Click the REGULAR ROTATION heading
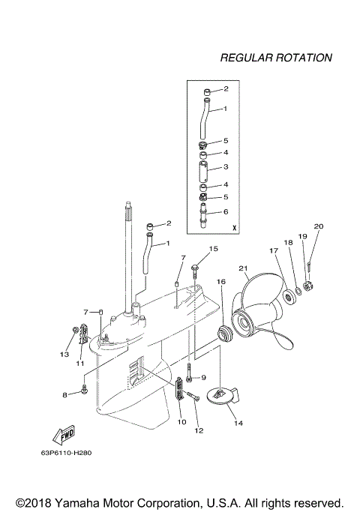275,57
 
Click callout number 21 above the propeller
242,268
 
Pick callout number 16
221,281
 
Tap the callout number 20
318,226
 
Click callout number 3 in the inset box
224,166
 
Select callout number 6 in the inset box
224,211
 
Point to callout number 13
64,353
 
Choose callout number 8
65,394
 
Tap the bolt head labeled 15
194,265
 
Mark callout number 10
181,422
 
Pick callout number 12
199,430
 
